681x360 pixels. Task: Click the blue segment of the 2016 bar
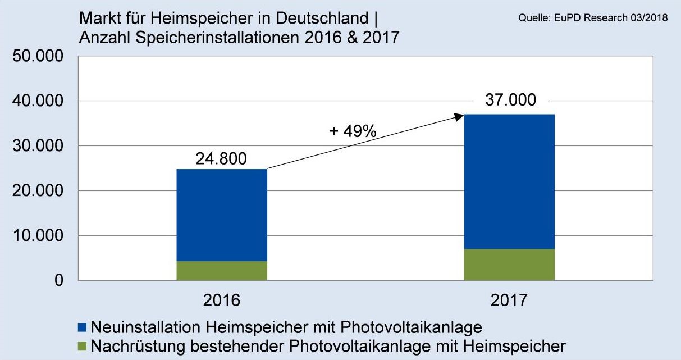click(x=222, y=215)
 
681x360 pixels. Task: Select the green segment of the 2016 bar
click(x=222, y=271)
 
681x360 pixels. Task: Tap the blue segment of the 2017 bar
click(x=509, y=181)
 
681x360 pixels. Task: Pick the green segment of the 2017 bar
click(x=509, y=265)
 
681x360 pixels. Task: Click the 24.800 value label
click(x=221, y=159)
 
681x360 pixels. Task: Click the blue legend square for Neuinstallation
click(x=83, y=327)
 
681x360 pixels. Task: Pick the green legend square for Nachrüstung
click(x=83, y=345)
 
